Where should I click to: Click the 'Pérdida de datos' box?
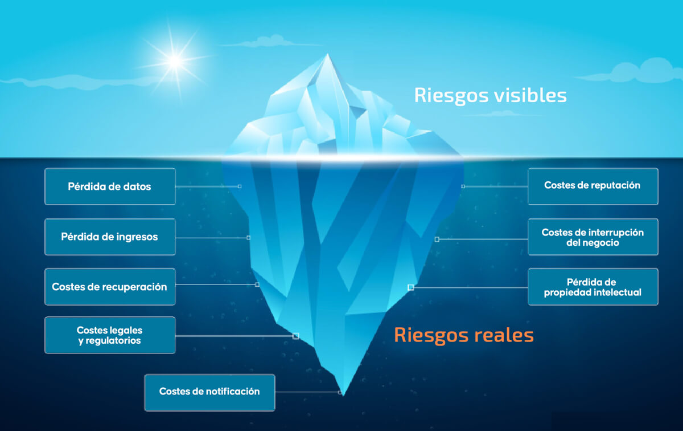pos(110,186)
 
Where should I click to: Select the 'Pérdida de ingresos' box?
pos(110,237)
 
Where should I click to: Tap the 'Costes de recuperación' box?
pos(110,287)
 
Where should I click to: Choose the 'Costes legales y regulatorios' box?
pos(110,335)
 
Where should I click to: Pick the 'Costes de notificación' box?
pos(209,392)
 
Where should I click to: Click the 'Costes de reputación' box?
pos(593,186)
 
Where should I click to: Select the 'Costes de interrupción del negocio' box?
pos(593,237)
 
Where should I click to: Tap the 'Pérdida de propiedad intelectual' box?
pos(593,287)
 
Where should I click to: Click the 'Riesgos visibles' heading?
pos(490,96)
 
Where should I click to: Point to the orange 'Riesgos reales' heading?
pos(464,336)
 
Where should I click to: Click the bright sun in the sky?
pos(175,61)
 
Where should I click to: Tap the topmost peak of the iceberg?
pos(327,54)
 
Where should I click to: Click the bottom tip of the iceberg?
pos(343,395)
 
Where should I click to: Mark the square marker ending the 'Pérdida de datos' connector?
pos(240,186)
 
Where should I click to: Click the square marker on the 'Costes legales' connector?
pos(295,336)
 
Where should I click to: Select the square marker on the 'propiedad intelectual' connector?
pos(411,287)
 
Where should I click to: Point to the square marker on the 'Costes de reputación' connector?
pos(463,186)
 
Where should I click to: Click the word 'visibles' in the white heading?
pos(530,95)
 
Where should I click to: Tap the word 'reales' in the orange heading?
pos(503,335)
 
